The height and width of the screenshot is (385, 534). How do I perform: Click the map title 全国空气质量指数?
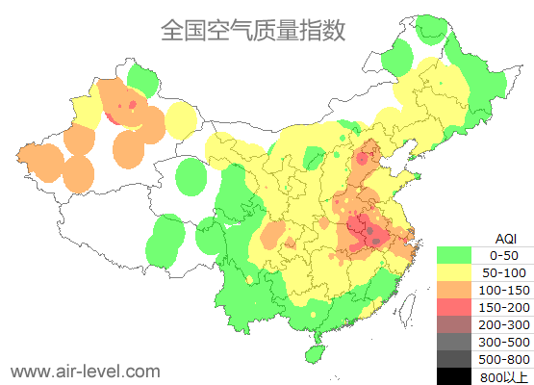pyautogui.click(x=252, y=31)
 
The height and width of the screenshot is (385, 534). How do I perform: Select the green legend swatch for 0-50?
pyautogui.click(x=454, y=255)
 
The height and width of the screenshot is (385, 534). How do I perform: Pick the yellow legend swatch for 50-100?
pyautogui.click(x=454, y=272)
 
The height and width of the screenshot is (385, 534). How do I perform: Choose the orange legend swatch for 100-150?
pyautogui.click(x=454, y=290)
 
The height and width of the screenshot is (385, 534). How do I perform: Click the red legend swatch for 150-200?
pyautogui.click(x=454, y=307)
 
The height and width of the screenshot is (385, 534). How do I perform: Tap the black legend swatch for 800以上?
pyautogui.click(x=454, y=376)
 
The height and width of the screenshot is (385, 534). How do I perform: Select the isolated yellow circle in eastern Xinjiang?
pyautogui.click(x=180, y=120)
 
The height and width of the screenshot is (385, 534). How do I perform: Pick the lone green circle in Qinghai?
pyautogui.click(x=191, y=177)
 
